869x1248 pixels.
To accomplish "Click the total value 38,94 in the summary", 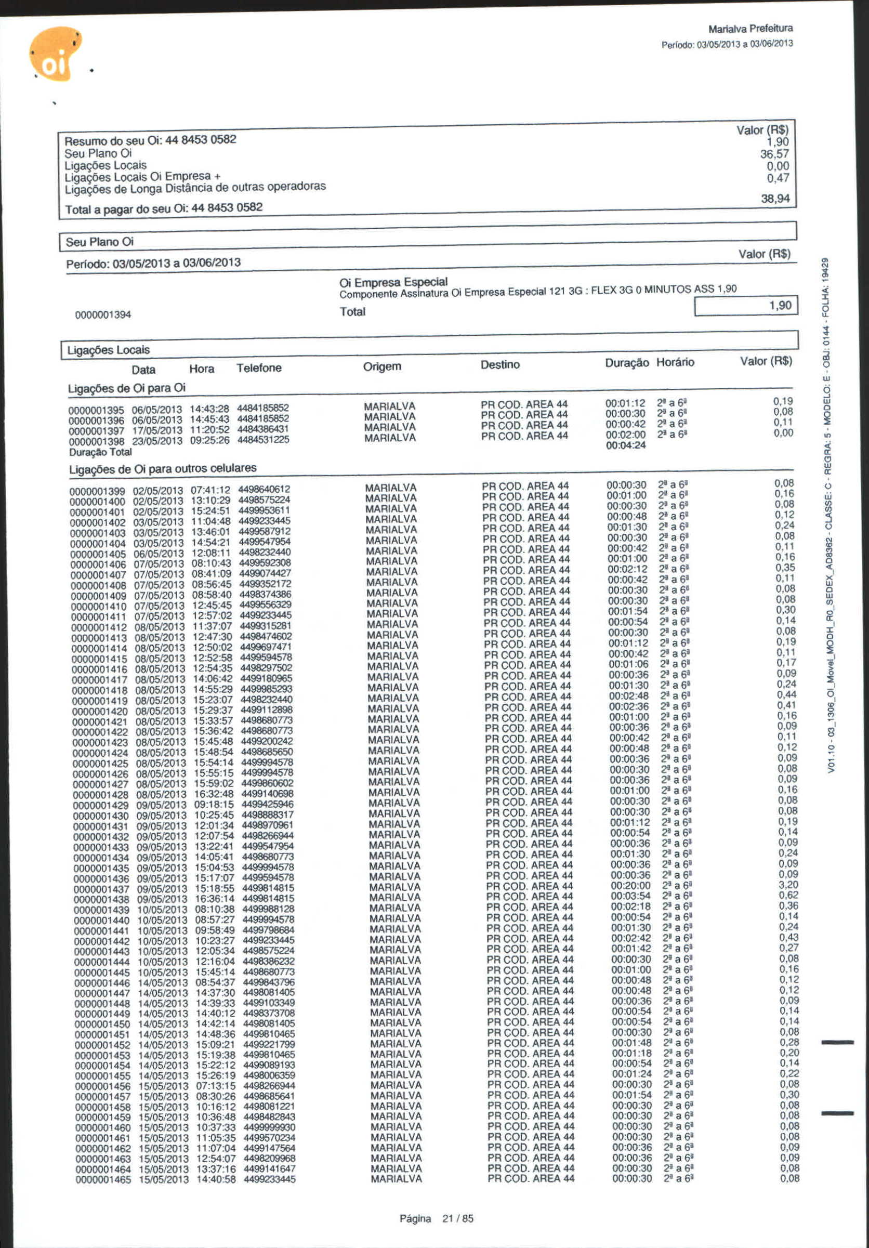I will click(x=775, y=199).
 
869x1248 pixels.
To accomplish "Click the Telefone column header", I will click(x=259, y=368).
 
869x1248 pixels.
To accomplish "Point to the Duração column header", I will click(x=627, y=363).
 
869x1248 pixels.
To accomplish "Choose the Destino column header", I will click(x=500, y=364).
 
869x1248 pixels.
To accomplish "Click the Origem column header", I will click(x=382, y=366).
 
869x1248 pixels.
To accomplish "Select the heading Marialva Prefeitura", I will click(x=750, y=28).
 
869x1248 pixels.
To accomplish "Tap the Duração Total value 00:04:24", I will click(x=626, y=445).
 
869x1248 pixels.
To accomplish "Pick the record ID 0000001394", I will click(x=103, y=314).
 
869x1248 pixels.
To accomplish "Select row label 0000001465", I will click(x=103, y=1180).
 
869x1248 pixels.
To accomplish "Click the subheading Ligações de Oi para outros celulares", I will click(x=163, y=468).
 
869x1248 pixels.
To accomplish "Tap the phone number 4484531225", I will click(x=263, y=439).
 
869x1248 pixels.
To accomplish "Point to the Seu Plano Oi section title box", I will click(x=99, y=242).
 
